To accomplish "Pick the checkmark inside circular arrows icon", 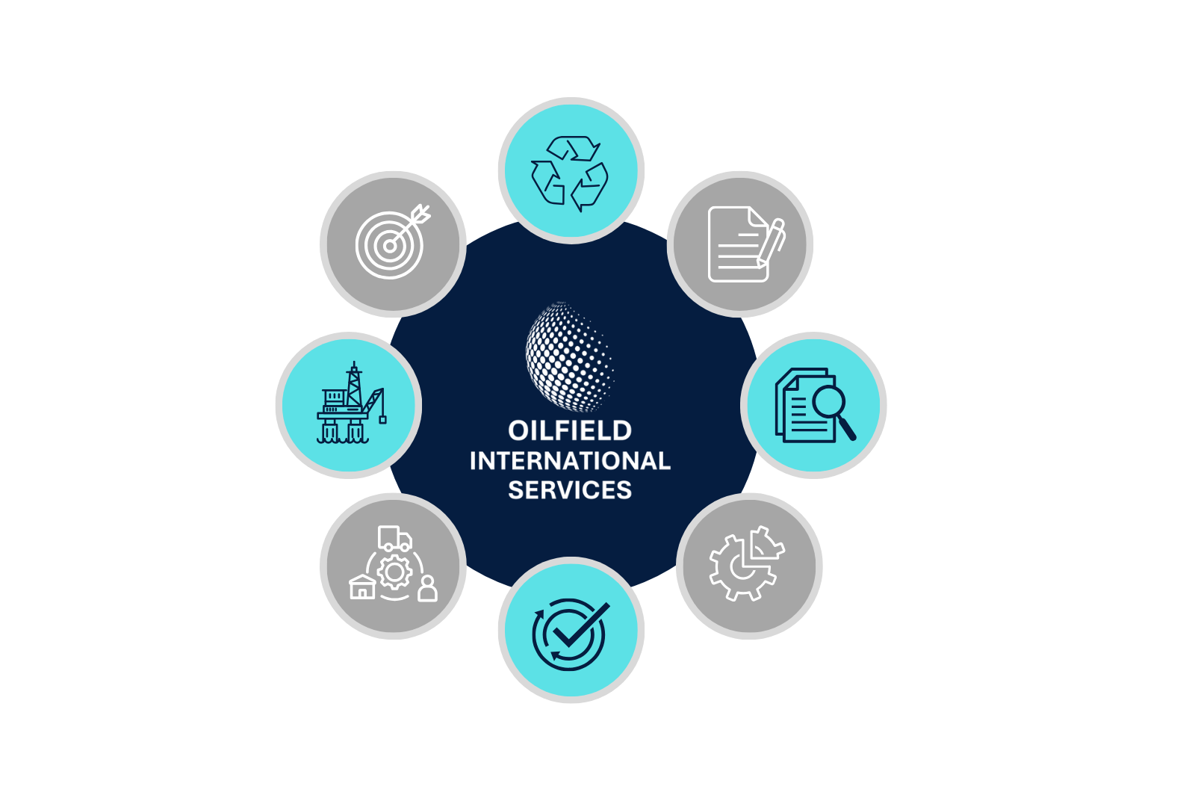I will point(570,631).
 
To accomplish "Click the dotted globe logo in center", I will point(570,357).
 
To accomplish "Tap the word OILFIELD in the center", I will point(570,430).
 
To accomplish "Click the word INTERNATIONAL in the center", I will point(570,460).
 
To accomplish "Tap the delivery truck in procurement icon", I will point(395,538).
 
